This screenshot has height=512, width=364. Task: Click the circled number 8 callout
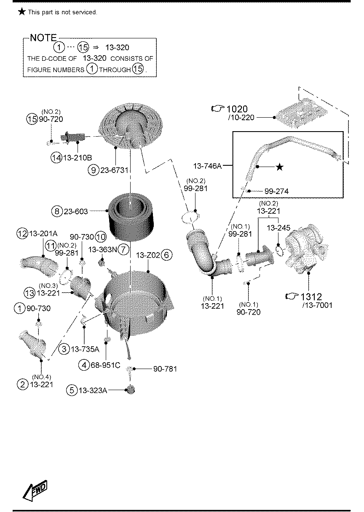[57, 211]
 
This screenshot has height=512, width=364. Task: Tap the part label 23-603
[75, 211]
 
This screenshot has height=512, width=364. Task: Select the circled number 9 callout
[94, 170]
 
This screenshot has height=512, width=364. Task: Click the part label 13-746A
[207, 166]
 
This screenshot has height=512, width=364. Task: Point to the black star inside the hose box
[279, 167]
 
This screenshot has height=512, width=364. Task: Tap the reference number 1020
[237, 109]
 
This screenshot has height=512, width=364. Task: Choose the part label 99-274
[276, 191]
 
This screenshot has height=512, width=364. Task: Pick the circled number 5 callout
[72, 390]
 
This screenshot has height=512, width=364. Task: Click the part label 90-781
[165, 369]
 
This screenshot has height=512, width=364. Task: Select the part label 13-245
[278, 228]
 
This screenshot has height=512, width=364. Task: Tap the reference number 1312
[311, 297]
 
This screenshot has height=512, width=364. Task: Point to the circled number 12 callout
[22, 234]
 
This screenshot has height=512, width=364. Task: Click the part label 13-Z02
[148, 255]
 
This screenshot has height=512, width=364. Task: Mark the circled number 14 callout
[56, 157]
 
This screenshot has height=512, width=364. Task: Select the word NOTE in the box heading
[43, 38]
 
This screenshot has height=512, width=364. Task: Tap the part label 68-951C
[105, 365]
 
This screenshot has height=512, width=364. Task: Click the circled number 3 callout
[64, 349]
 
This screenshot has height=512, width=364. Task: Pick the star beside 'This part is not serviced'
[21, 12]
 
